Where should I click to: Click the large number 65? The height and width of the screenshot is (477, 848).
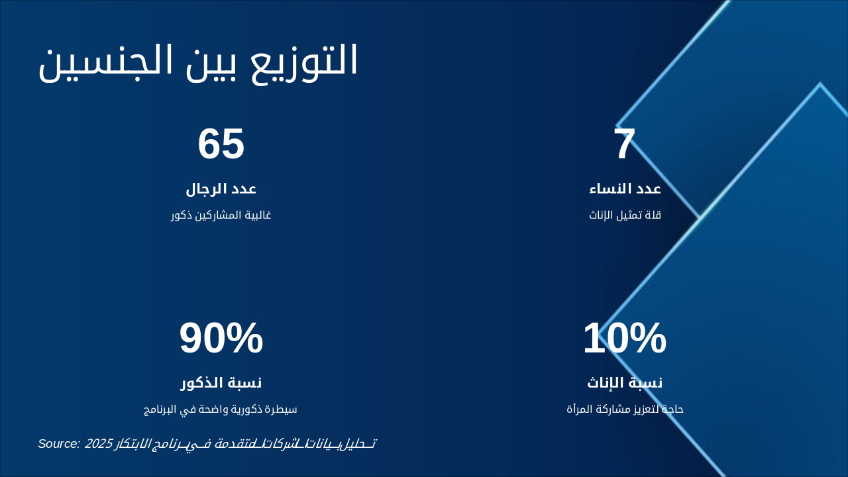(x=221, y=144)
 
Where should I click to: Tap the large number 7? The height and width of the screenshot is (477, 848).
(x=624, y=144)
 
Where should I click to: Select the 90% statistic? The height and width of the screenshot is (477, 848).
(x=221, y=339)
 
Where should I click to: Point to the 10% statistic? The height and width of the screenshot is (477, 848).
(x=624, y=339)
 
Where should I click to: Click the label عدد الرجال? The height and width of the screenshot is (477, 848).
(x=221, y=189)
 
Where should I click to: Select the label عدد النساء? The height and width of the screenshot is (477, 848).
(x=625, y=189)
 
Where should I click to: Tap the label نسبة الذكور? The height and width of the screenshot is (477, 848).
(x=221, y=383)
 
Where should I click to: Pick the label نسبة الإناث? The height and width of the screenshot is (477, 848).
(x=625, y=383)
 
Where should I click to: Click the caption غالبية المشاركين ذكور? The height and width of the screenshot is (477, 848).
(x=221, y=215)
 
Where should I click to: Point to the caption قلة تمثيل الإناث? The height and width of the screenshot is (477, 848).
(x=625, y=215)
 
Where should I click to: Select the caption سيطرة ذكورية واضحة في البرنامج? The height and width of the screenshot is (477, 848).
(x=221, y=409)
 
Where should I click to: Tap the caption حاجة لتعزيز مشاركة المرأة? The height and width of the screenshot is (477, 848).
(x=625, y=409)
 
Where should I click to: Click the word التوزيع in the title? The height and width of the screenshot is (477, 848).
(x=311, y=61)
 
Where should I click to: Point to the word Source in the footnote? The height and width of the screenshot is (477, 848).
(x=59, y=444)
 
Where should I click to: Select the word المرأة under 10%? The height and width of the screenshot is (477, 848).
(x=580, y=409)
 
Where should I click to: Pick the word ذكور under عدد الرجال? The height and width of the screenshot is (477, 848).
(x=182, y=215)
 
